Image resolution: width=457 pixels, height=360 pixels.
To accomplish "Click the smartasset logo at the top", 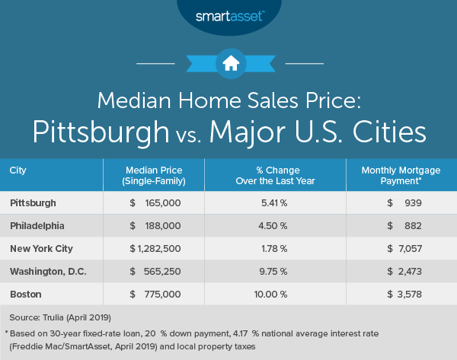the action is point(230,16).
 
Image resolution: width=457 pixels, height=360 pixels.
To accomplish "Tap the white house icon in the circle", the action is point(231,63).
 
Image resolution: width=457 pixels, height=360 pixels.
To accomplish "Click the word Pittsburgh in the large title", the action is point(101,133).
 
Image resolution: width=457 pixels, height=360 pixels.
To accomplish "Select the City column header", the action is point(18,170).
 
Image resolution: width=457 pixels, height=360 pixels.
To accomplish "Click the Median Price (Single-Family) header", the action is point(154,175).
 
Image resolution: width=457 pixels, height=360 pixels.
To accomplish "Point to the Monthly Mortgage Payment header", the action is point(401,175).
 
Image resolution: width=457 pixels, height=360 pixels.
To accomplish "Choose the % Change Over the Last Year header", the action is point(276,175).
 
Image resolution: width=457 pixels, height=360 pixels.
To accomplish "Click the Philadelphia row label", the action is point(37,226).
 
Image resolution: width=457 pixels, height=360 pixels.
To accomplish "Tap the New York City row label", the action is point(41,248).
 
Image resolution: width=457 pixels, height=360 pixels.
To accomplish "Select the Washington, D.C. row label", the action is point(48,272).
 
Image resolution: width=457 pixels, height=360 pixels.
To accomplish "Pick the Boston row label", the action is point(26,295).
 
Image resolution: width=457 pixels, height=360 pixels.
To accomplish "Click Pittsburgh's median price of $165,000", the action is point(155,202).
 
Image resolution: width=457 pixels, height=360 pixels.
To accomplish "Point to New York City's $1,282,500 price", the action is point(155,248).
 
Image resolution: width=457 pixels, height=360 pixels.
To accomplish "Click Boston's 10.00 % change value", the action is point(270,295).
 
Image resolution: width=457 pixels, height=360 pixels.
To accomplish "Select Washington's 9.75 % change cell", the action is point(273,272).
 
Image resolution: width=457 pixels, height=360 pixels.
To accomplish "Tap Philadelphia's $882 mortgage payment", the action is point(404,226).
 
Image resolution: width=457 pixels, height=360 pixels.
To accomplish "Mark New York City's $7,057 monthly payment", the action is point(404,248).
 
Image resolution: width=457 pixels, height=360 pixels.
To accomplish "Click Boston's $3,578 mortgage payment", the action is point(404,295).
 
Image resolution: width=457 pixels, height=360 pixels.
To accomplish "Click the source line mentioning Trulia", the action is point(60,317).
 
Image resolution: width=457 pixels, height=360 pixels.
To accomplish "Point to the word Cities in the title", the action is point(389,132).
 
